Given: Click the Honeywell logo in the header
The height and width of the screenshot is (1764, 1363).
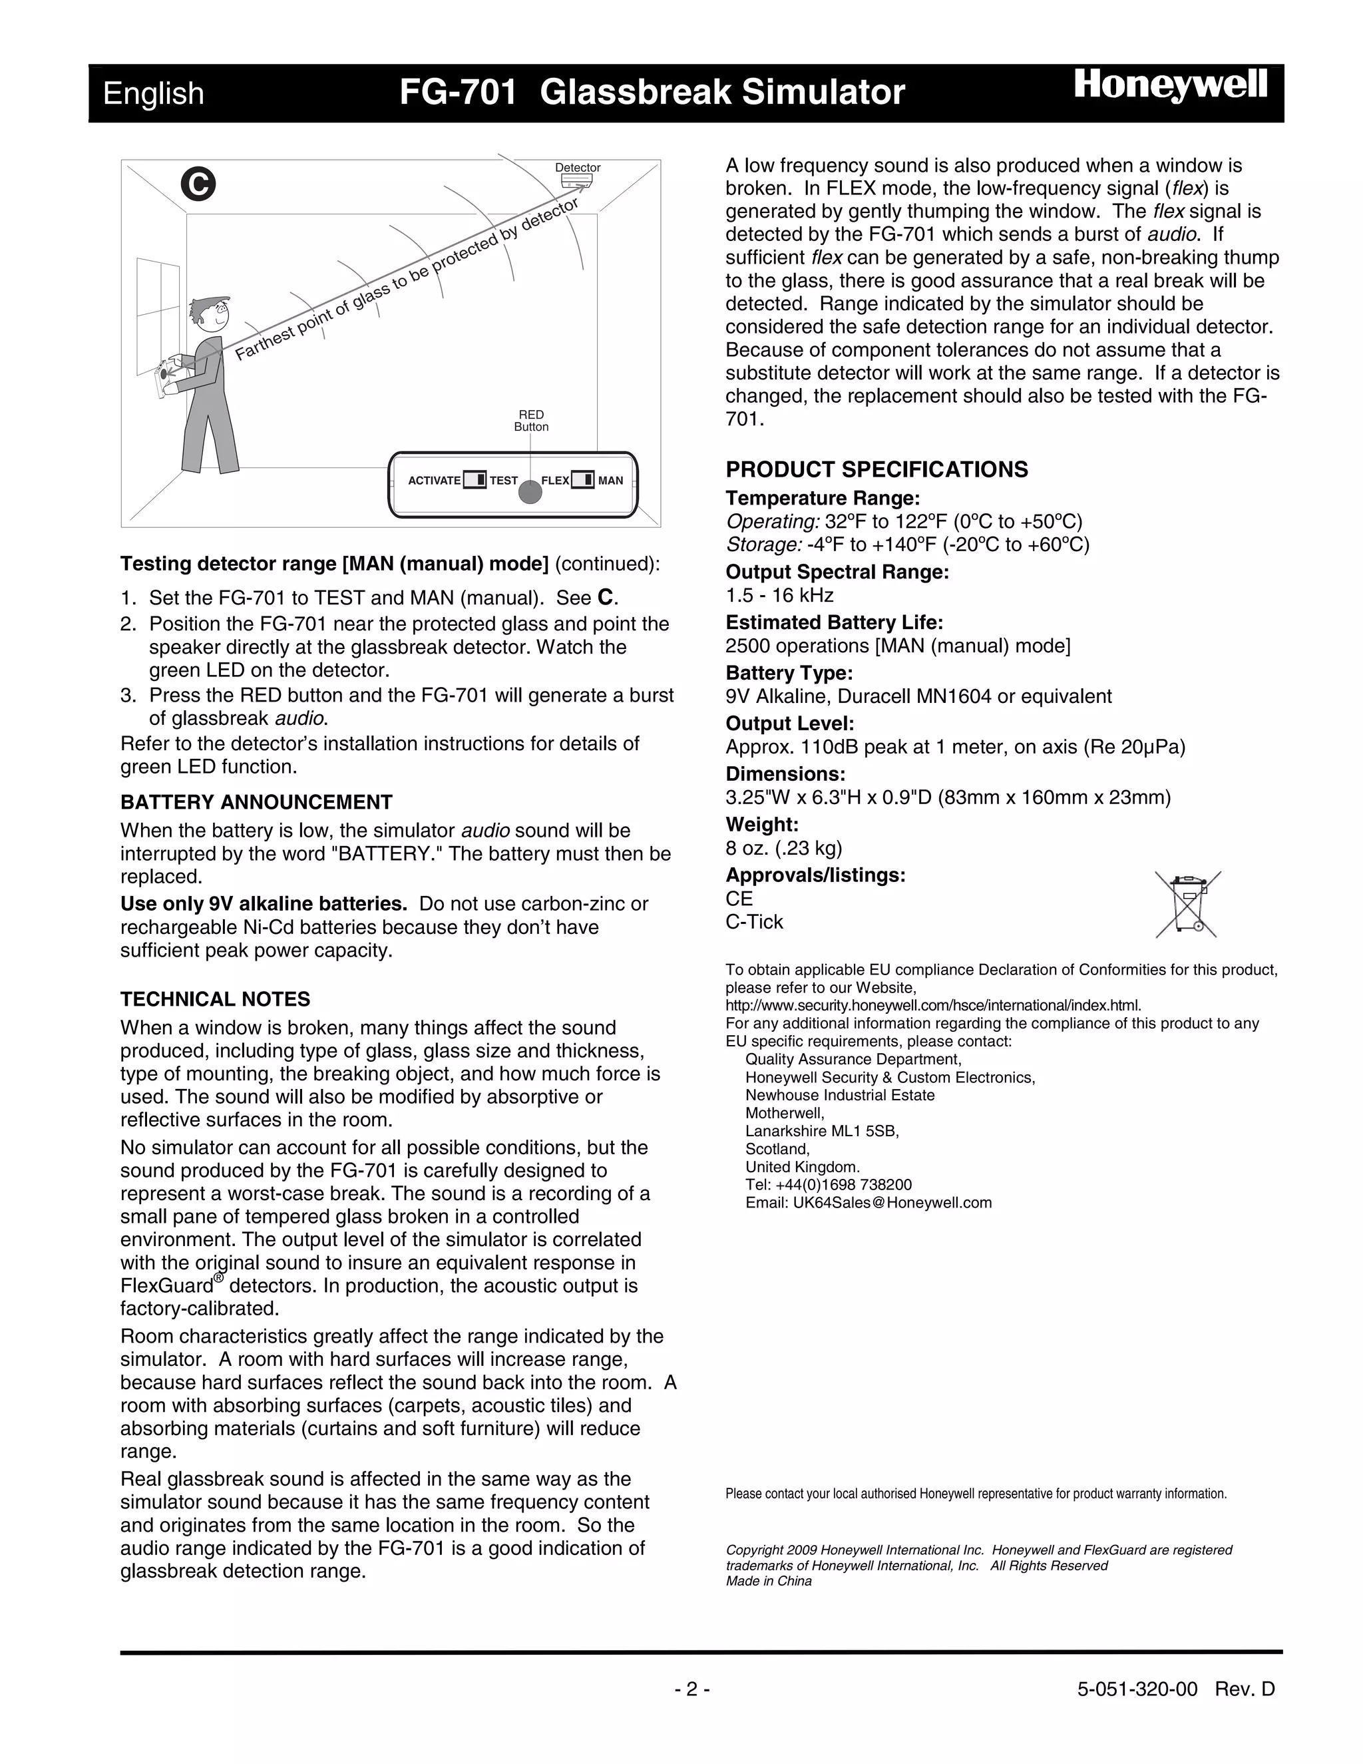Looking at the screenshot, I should tap(1170, 87).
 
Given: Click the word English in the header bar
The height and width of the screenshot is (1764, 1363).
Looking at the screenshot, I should tap(154, 94).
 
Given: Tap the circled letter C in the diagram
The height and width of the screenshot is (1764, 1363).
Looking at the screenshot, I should tap(198, 184).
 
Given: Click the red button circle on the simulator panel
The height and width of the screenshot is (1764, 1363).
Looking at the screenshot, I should tap(530, 491).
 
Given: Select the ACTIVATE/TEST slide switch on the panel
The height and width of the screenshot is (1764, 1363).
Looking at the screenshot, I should tap(475, 480).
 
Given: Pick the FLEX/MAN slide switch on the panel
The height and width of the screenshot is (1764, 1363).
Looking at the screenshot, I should tap(582, 480).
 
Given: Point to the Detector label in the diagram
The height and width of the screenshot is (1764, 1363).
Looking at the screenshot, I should tap(577, 168).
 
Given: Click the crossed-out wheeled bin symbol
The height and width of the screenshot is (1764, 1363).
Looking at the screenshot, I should tap(1187, 904).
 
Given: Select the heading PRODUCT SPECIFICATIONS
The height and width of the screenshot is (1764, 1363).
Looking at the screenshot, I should tap(876, 469).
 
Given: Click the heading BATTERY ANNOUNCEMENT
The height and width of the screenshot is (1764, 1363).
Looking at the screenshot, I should tap(256, 802).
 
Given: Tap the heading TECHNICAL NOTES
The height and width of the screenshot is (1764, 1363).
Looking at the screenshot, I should tap(215, 999).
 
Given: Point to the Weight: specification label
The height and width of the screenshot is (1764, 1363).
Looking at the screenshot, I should tap(761, 825).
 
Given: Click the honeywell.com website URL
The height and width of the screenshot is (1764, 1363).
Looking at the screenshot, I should tap(932, 1006).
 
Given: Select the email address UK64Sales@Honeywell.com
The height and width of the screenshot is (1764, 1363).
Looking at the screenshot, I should tap(868, 1203).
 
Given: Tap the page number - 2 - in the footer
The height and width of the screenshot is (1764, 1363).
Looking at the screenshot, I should tap(692, 1689).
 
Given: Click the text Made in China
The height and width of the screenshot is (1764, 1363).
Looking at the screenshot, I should tap(768, 1581).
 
